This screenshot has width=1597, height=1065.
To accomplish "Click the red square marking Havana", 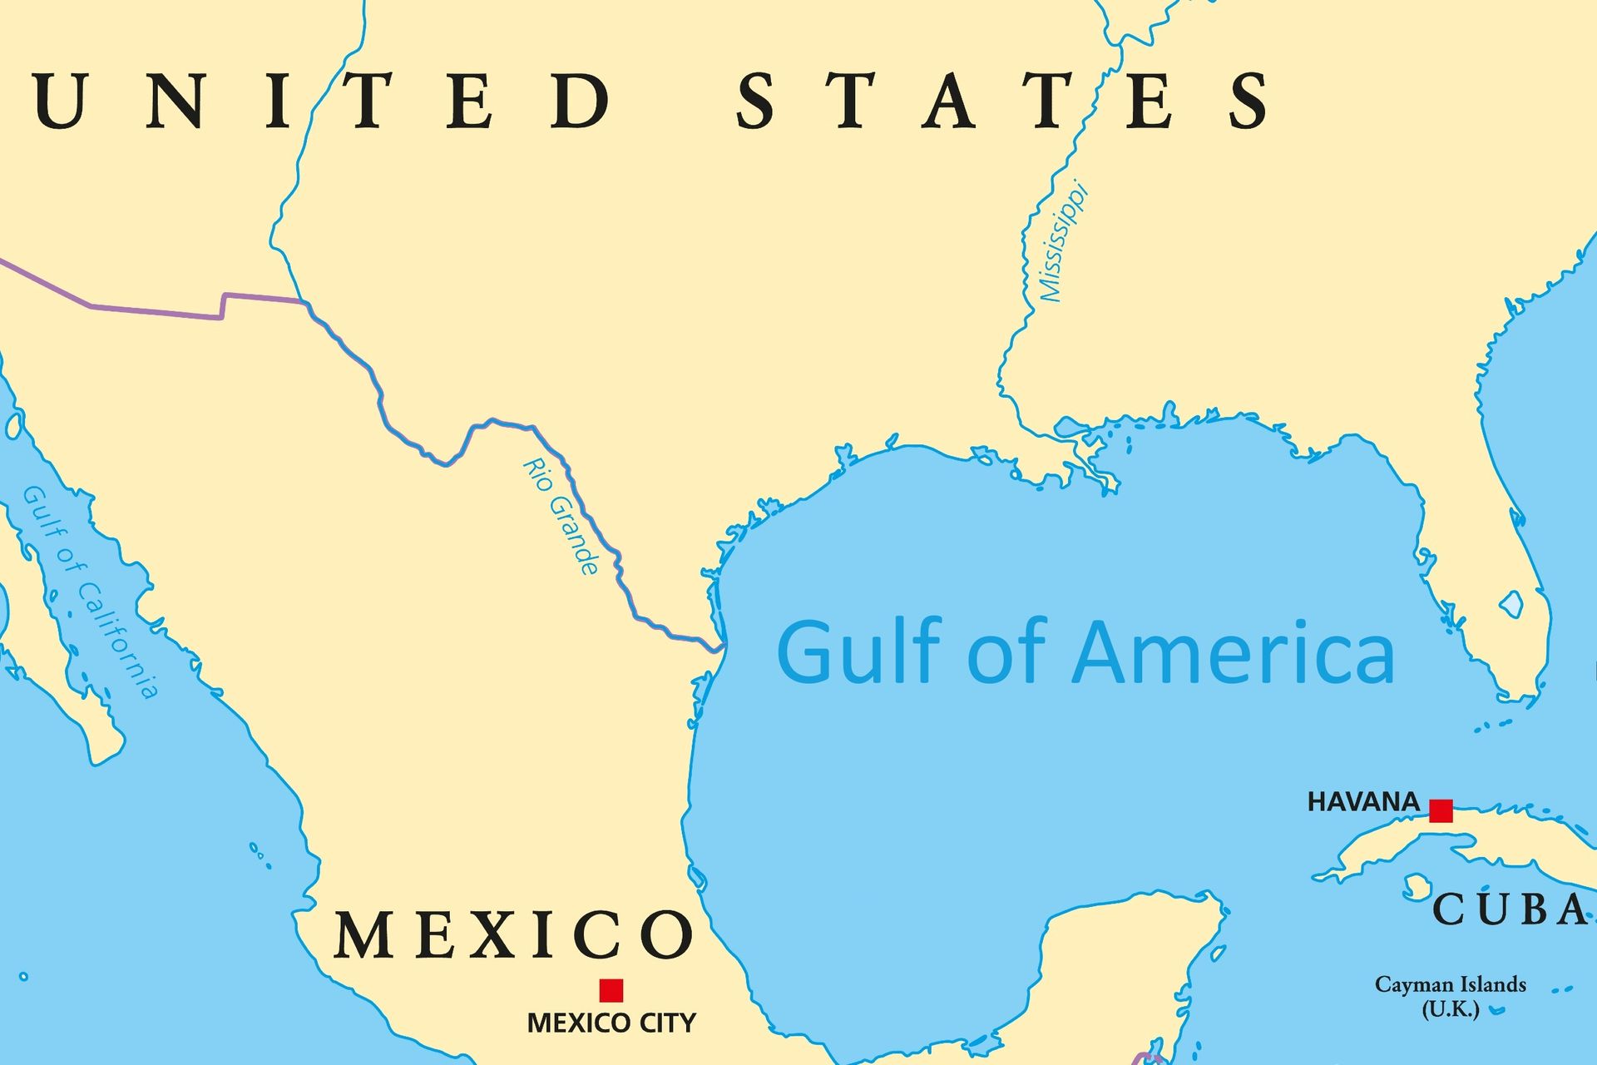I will (x=1441, y=810).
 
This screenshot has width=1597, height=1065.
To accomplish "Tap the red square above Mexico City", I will (x=611, y=990).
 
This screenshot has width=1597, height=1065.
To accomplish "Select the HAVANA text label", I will (x=1363, y=802).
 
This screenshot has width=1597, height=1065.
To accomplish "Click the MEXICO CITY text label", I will (x=611, y=1023).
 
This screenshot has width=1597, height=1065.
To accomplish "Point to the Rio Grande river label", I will (x=561, y=516).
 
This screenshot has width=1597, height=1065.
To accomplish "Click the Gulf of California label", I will (x=89, y=591).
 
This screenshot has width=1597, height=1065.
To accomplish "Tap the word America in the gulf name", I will (x=1234, y=653).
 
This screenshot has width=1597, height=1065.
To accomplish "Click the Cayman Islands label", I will (x=1450, y=985).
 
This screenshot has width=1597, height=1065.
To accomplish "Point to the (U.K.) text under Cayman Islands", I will (x=1450, y=1010).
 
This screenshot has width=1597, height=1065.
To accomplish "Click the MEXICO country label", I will (x=513, y=935).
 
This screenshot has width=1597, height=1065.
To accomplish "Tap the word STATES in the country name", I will (x=1002, y=101).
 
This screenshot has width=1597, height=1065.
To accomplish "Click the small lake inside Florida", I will (x=1511, y=603).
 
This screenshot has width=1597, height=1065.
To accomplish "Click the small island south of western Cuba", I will (x=1415, y=886).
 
